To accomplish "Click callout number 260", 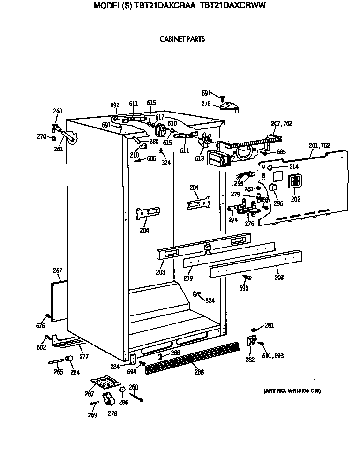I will pos(57,111).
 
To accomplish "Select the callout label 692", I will pos(115,105).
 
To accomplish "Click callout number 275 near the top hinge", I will pos(206,104).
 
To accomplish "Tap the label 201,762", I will pos(320,146).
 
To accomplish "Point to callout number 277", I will pos(83,357).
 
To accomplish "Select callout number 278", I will pos(112,413).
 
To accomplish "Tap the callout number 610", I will pos(172,123).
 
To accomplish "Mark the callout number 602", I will pos(41,347).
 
